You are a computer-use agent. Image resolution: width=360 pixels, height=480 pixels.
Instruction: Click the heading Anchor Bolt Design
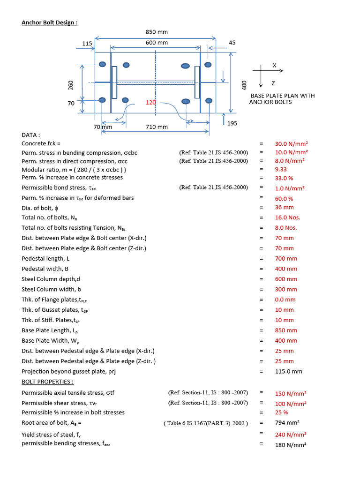tap(50, 22)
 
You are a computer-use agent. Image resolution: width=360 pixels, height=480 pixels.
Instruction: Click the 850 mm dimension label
tap(157, 32)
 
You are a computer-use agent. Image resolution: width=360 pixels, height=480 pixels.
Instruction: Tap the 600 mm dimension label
tap(157, 43)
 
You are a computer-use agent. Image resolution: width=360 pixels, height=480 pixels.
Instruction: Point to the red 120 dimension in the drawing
tap(150, 102)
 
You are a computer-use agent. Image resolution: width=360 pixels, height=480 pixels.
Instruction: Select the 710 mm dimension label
tap(157, 127)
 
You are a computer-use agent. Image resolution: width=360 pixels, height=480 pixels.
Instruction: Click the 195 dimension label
tap(232, 123)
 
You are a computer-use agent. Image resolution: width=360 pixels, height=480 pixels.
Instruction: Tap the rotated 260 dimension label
tap(71, 85)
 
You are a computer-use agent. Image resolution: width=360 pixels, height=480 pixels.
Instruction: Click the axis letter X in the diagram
tap(274, 65)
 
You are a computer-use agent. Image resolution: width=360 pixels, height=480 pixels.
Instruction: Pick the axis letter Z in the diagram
tap(273, 83)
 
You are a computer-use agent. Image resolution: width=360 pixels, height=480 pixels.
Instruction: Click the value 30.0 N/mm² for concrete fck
tap(291, 144)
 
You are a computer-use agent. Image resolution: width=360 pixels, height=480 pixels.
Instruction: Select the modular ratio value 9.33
tap(281, 169)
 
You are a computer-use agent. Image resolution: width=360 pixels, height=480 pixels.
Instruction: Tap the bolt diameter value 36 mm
tap(284, 207)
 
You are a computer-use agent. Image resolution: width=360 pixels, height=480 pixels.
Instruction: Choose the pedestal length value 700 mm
tap(286, 258)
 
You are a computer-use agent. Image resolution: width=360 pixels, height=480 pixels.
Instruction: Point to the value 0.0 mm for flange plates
tap(285, 300)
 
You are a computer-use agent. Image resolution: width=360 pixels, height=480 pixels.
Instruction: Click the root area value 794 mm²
tap(286, 423)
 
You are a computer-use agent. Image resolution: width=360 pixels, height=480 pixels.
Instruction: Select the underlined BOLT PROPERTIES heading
tap(47, 382)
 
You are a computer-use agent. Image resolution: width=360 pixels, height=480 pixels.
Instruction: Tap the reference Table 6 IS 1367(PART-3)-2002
tap(206, 423)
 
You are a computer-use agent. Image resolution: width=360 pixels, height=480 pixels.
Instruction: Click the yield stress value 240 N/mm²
tap(291, 435)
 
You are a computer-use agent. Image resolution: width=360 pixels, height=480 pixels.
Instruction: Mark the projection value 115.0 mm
tap(288, 371)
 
